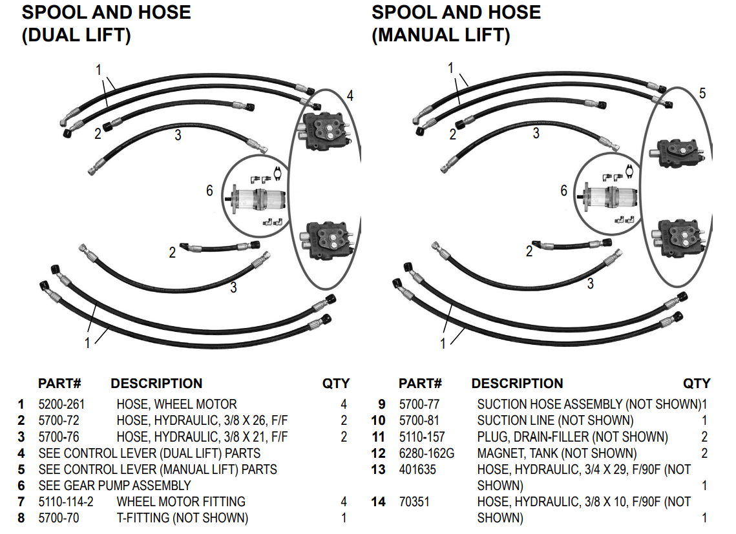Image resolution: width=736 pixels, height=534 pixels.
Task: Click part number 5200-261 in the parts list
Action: tap(61, 405)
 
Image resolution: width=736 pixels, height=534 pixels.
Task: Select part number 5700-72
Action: tap(59, 421)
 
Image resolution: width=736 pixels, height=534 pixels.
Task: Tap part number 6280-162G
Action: tap(426, 453)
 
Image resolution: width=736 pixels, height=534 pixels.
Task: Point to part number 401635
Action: tap(417, 469)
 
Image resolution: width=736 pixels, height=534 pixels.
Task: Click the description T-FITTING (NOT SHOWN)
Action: tap(182, 518)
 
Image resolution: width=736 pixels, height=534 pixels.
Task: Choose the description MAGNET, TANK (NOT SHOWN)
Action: tap(556, 453)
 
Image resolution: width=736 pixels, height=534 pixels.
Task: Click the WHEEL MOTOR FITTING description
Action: tap(181, 502)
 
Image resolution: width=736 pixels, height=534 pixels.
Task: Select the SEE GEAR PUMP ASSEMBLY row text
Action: tap(114, 486)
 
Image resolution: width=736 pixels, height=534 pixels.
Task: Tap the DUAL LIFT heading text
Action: tap(76, 35)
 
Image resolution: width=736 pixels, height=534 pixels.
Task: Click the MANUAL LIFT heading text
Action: tap(441, 35)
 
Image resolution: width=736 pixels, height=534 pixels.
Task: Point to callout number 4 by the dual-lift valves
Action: tap(350, 96)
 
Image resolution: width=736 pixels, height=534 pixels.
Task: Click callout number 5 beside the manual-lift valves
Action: tap(702, 94)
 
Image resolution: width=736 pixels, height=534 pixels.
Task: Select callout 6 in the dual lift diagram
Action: tap(209, 190)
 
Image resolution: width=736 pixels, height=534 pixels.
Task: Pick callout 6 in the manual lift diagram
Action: tap(563, 190)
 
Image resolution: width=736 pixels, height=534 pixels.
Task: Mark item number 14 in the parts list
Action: tap(378, 502)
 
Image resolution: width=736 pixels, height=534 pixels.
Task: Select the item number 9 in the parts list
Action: tap(381, 405)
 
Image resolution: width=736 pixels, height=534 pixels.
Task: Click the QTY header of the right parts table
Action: tap(697, 384)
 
